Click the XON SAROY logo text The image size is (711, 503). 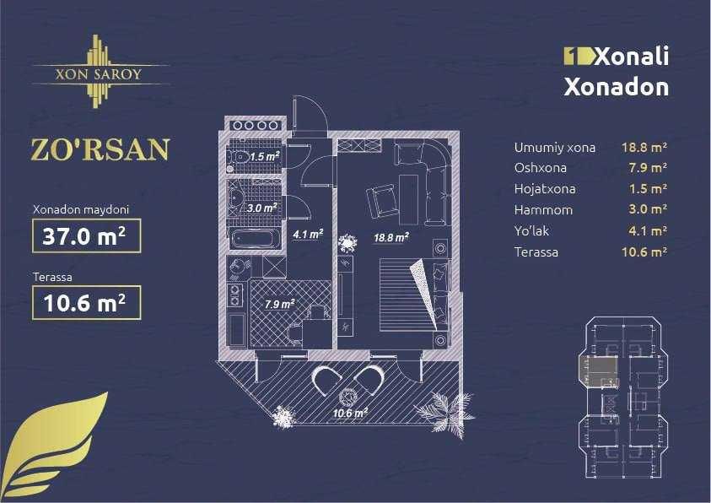click(x=98, y=73)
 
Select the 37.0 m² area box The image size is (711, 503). click(x=84, y=237)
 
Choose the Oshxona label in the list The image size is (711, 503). click(x=541, y=167)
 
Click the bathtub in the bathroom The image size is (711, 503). click(x=254, y=239)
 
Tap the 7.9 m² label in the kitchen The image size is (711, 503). click(x=280, y=303)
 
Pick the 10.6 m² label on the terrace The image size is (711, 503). click(x=349, y=414)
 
